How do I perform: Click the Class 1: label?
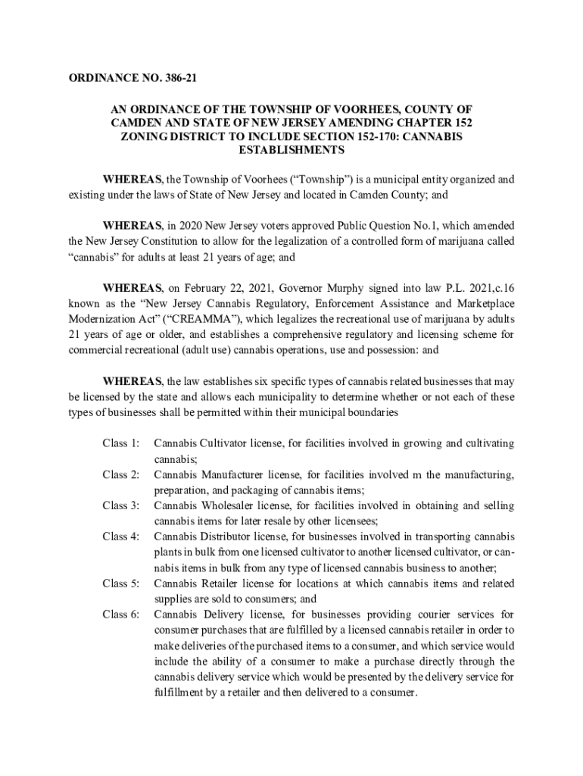point(121,443)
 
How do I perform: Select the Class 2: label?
point(121,474)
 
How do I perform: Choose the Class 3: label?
point(121,505)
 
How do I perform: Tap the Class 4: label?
point(121,537)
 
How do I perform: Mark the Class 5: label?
point(121,583)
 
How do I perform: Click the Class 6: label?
point(121,614)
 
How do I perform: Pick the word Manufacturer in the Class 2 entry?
point(235,474)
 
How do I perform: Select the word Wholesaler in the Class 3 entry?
point(231,505)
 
